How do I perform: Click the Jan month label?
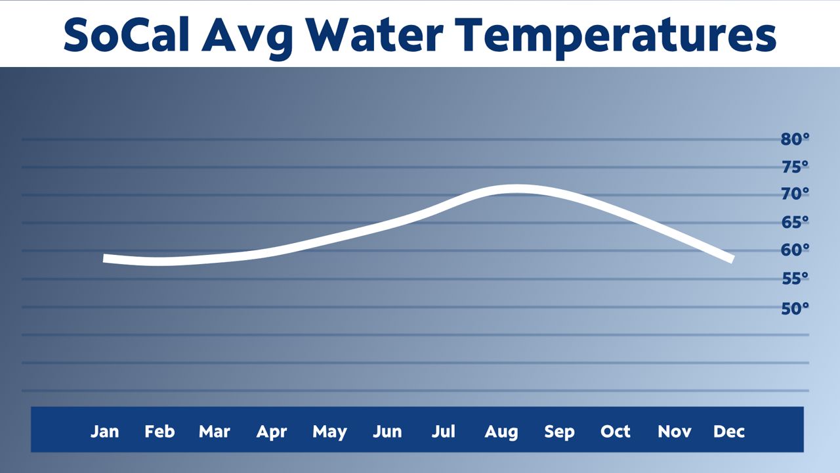(104, 432)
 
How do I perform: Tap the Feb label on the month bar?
(159, 432)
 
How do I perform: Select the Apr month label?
(272, 432)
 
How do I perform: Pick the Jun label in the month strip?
(387, 432)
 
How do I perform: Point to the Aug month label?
(501, 432)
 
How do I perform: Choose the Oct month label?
(616, 432)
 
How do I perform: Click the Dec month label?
(729, 432)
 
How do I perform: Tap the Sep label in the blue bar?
(559, 432)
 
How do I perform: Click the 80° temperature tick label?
(795, 139)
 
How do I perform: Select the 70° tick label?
(795, 194)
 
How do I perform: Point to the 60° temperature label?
(795, 250)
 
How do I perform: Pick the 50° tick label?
(795, 308)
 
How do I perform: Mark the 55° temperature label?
(795, 279)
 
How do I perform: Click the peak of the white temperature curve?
(515, 189)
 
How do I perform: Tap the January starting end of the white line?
(106, 258)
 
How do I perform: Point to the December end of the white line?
(732, 259)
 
